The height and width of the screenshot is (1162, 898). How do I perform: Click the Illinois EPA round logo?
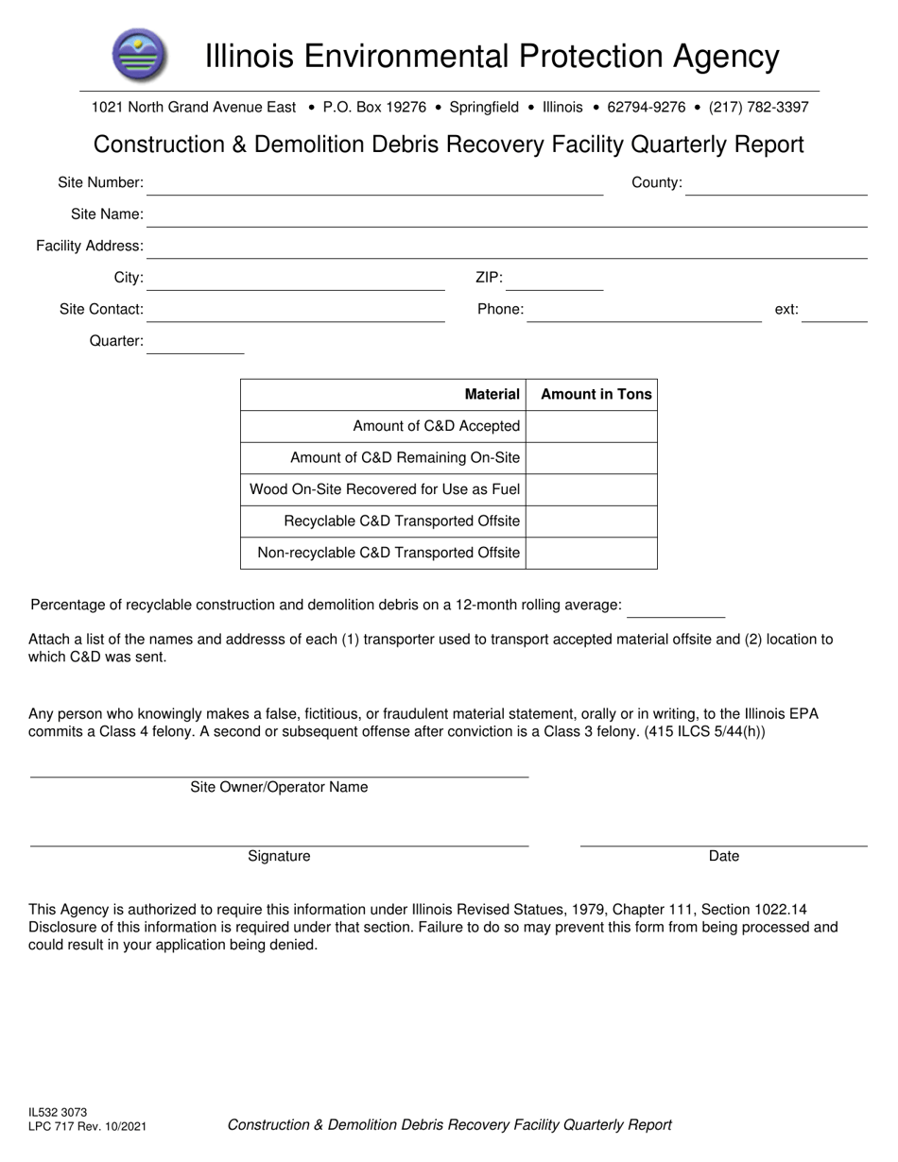(139, 55)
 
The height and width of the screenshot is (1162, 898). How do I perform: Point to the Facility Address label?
(90, 246)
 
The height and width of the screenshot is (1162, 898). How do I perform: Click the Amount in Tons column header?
(596, 395)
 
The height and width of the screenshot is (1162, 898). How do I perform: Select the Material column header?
(492, 395)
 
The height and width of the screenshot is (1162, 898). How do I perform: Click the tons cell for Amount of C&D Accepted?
(591, 426)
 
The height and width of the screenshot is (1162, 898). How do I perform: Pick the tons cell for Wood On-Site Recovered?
(591, 489)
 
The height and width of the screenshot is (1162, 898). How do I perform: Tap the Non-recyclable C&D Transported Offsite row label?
(389, 553)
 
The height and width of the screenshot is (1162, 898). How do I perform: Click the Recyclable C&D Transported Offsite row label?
(402, 521)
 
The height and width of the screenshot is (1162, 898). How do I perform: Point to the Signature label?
(279, 856)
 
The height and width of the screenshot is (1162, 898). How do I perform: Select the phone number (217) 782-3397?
(758, 108)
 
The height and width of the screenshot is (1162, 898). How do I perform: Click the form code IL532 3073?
(58, 1113)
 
